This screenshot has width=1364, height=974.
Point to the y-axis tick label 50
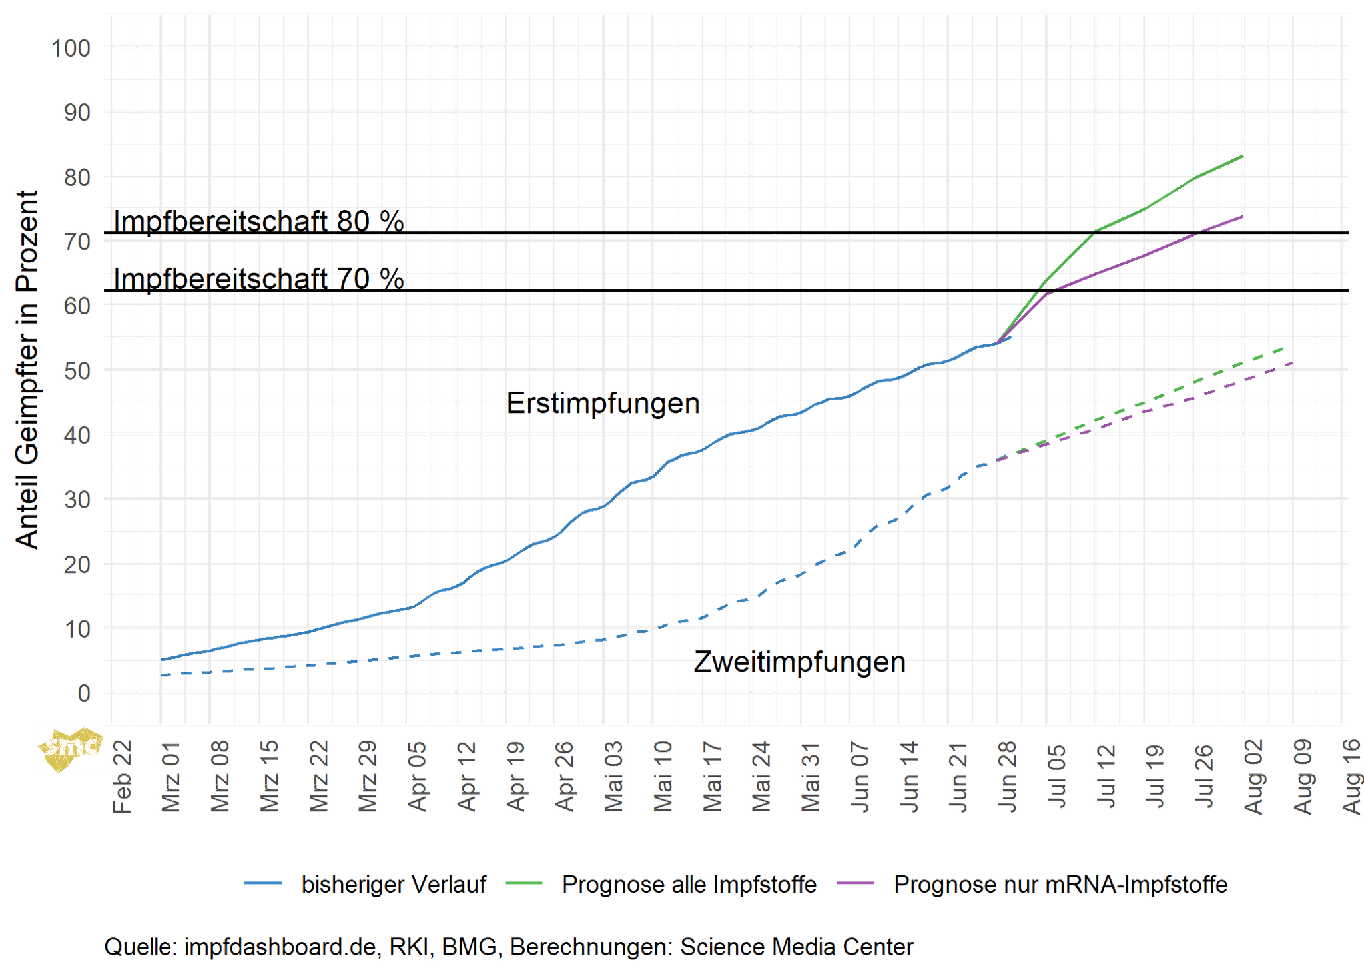point(77,370)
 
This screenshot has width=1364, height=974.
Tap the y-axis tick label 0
point(84,694)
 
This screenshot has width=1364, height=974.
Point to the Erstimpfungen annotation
point(603,404)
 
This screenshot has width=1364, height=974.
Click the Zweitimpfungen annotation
point(799,662)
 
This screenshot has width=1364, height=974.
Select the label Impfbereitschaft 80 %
point(258,221)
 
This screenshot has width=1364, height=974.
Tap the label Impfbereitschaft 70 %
point(258,279)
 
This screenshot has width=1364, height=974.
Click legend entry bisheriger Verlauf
point(393,884)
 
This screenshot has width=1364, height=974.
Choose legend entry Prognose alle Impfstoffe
point(689,884)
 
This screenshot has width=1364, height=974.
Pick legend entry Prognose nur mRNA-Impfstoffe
point(1060,884)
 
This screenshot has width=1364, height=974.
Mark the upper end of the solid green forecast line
point(1242,156)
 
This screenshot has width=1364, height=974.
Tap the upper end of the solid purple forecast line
point(1242,217)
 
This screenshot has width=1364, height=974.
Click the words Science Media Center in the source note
point(797,947)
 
